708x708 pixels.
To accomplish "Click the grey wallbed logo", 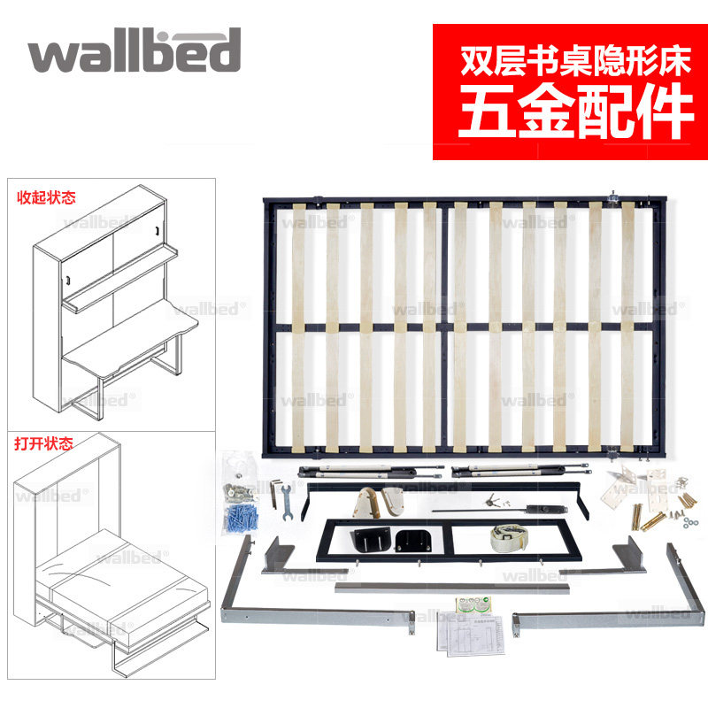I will click(x=134, y=51).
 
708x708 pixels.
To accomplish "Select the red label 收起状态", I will click(x=43, y=197).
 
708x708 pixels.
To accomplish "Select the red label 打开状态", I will click(x=43, y=442).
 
